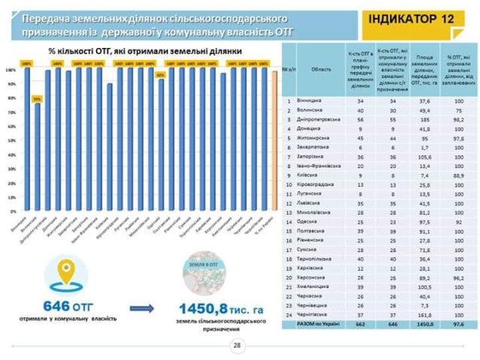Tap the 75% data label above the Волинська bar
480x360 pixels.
[x=36, y=99]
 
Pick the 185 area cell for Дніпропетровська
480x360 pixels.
[x=424, y=118]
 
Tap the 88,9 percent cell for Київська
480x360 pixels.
[x=458, y=172]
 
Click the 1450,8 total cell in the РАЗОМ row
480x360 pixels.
[x=424, y=325]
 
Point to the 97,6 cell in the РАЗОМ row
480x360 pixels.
[x=458, y=325]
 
